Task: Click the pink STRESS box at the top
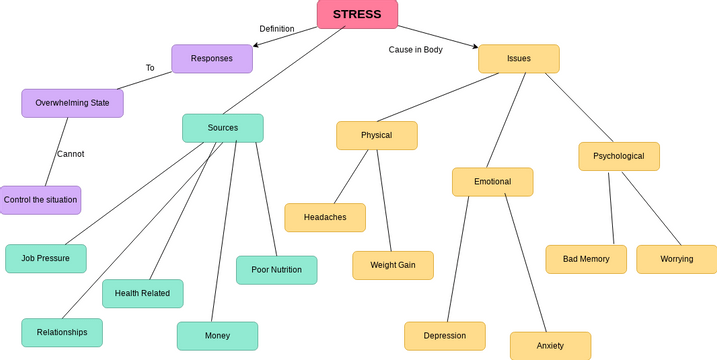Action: pyautogui.click(x=357, y=14)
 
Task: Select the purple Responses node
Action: pyautogui.click(x=211, y=59)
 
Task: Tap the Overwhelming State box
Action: pyautogui.click(x=72, y=103)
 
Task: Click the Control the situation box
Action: pyautogui.click(x=40, y=200)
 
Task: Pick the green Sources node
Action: pyautogui.click(x=222, y=128)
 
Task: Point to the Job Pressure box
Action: pyautogui.click(x=45, y=258)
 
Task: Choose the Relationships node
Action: pyautogui.click(x=62, y=332)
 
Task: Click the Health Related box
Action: pyautogui.click(x=142, y=293)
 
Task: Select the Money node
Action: pyautogui.click(x=217, y=336)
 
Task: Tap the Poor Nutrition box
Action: pyautogui.click(x=276, y=270)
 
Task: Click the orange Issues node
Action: pyautogui.click(x=518, y=59)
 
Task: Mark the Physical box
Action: pyautogui.click(x=376, y=135)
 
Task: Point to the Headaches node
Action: pyautogui.click(x=325, y=217)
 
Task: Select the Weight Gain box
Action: pyautogui.click(x=392, y=265)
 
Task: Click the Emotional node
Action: pyautogui.click(x=492, y=182)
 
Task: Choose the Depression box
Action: pyautogui.click(x=444, y=336)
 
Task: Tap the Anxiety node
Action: pyautogui.click(x=550, y=345)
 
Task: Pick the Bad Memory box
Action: pyautogui.click(x=586, y=259)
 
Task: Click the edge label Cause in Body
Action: pyautogui.click(x=415, y=49)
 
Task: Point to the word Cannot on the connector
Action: pyautogui.click(x=70, y=154)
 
